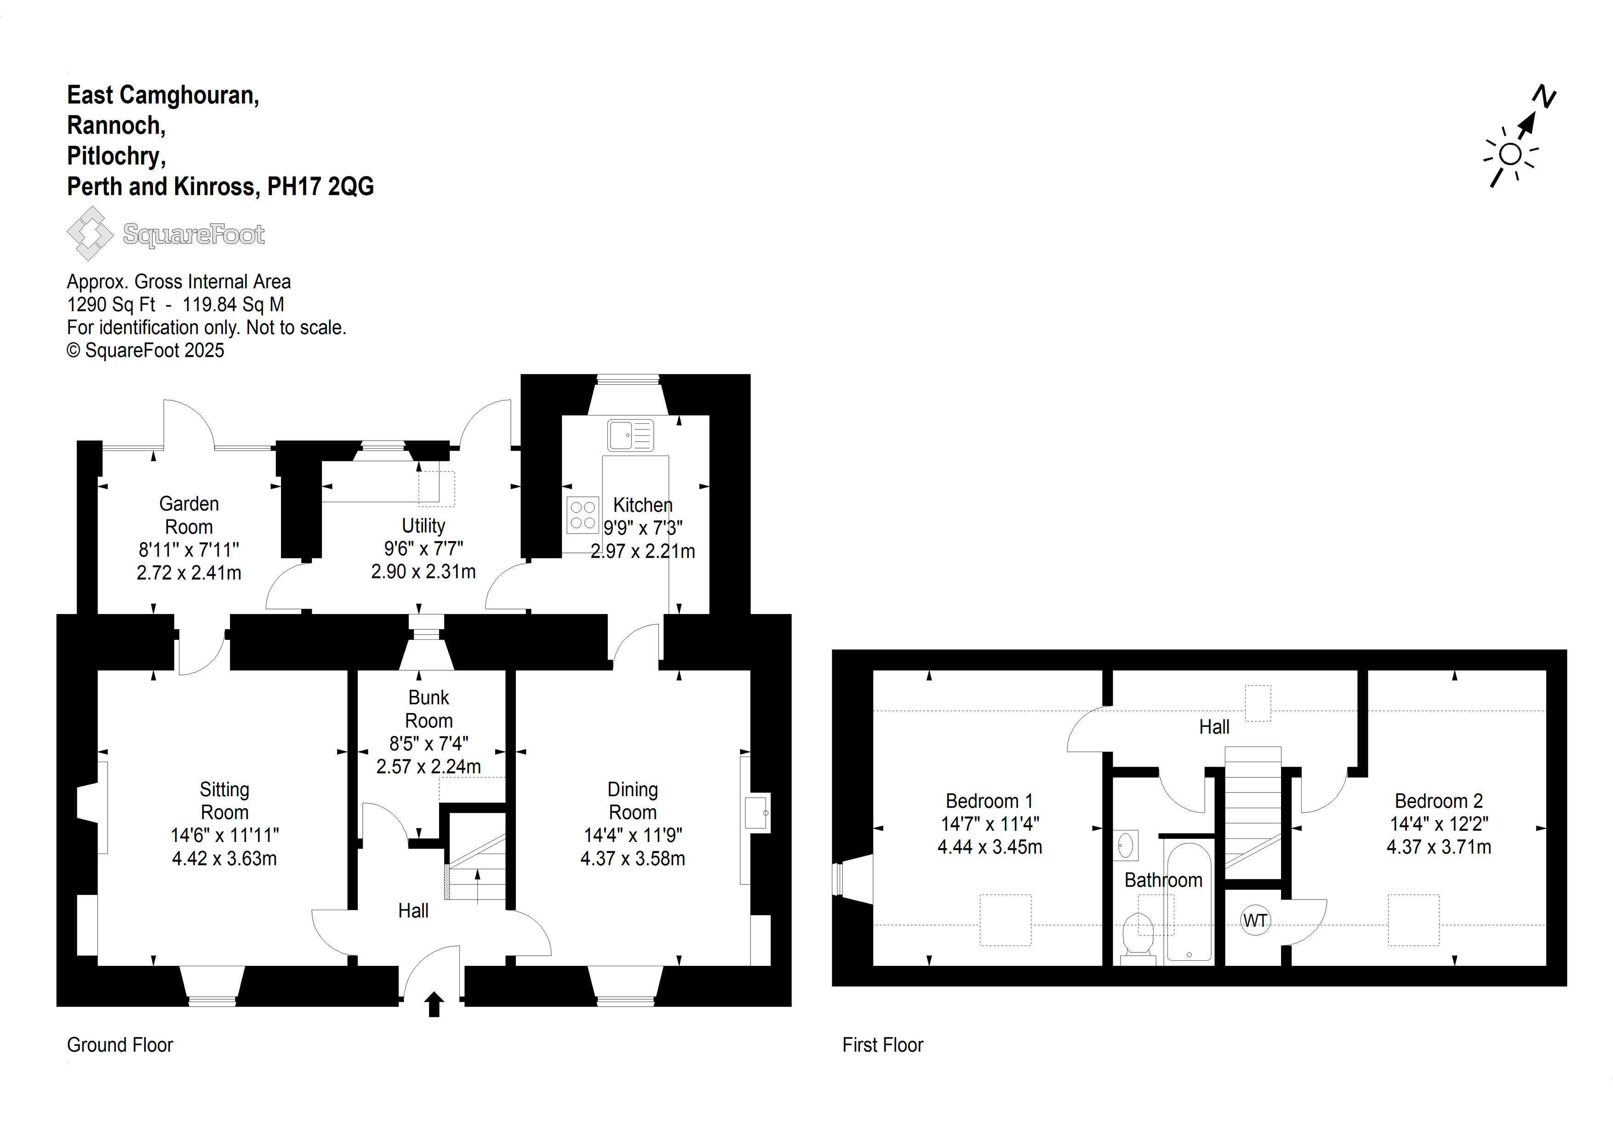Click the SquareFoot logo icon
[90, 233]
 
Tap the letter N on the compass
[1544, 96]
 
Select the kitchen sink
[631, 435]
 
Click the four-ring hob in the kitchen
[583, 515]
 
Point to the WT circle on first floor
[1255, 920]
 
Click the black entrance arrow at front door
[434, 1004]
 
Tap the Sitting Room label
[225, 801]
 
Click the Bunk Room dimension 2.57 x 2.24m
[429, 766]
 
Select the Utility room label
[423, 525]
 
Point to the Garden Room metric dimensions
[189, 572]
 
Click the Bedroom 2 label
[1439, 801]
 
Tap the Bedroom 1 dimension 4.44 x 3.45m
[990, 847]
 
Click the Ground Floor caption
[120, 1045]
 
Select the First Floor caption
[883, 1045]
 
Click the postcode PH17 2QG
[320, 186]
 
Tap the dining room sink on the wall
[757, 813]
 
